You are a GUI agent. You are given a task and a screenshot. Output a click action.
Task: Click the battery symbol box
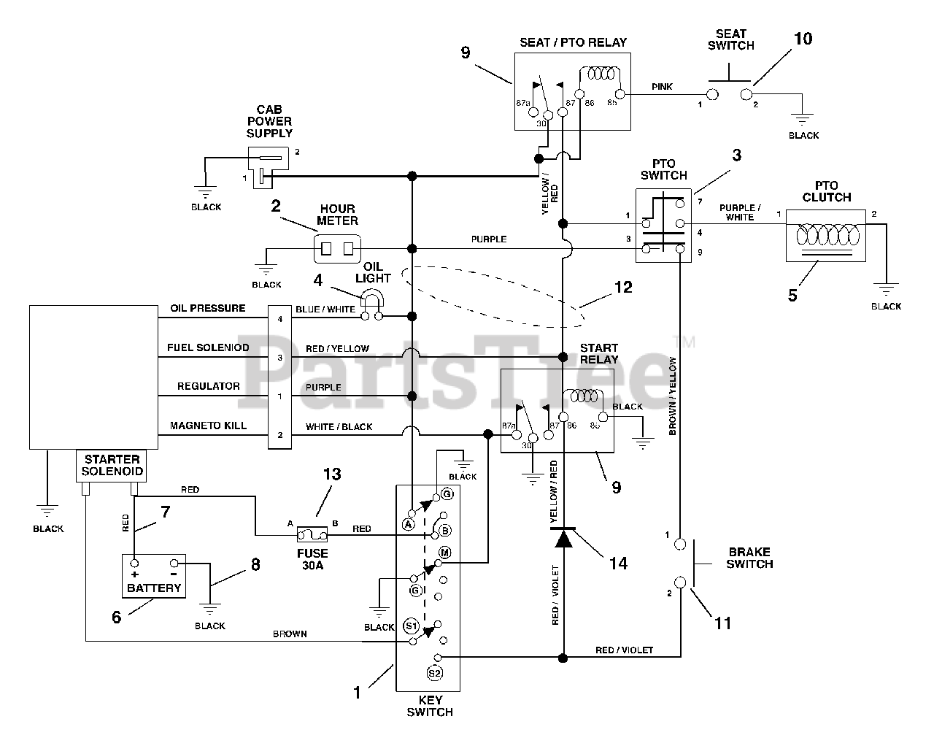[154, 575]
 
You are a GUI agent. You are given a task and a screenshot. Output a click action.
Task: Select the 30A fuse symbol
[312, 534]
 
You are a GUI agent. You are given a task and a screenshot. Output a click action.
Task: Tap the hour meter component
[337, 248]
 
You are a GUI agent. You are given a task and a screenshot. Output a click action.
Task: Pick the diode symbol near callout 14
[563, 539]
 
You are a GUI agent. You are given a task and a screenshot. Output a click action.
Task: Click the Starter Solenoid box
[112, 466]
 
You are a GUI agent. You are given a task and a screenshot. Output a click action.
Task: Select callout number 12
[622, 288]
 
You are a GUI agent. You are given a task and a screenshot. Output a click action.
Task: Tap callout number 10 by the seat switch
[803, 39]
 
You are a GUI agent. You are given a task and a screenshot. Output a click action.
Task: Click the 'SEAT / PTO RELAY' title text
[573, 42]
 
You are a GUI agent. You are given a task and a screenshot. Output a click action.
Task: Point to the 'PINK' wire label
[662, 87]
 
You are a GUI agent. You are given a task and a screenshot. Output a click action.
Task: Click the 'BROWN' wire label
[290, 634]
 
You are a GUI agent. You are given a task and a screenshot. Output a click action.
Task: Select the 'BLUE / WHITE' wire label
[325, 309]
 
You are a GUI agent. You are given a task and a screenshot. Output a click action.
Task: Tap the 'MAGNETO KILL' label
[208, 426]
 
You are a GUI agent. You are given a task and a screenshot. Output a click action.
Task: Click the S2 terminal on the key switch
[434, 673]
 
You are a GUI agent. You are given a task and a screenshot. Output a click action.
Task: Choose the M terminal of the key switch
[444, 553]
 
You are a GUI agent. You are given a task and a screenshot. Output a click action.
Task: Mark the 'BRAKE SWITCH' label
[749, 558]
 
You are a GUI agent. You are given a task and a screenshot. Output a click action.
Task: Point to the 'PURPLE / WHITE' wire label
[739, 212]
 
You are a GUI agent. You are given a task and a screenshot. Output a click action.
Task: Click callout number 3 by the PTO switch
[736, 155]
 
